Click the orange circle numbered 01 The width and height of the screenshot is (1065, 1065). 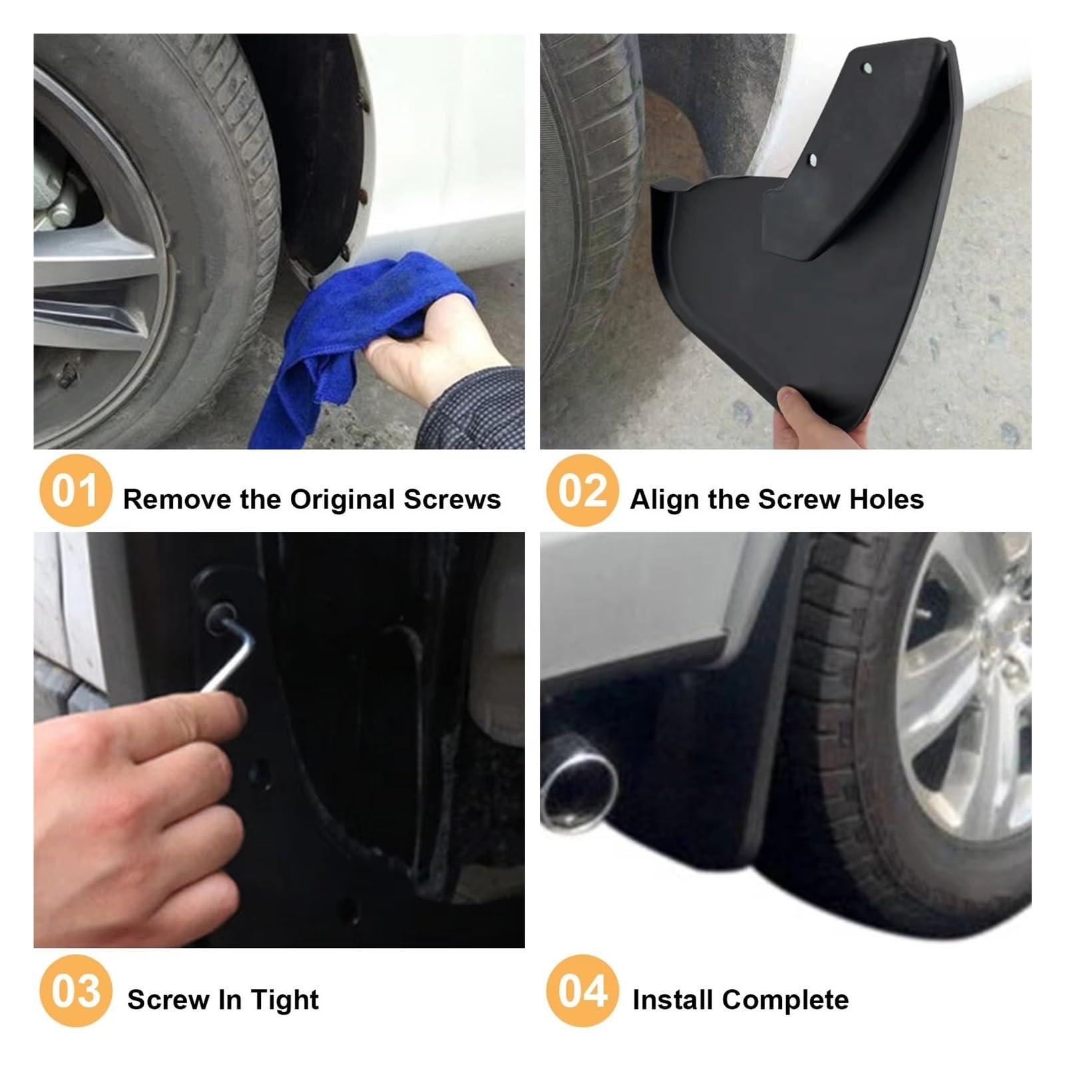click(x=75, y=491)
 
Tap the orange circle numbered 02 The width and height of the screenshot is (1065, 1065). click(x=582, y=491)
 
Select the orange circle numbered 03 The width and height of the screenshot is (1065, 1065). click(x=75, y=990)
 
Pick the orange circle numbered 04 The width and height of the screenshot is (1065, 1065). click(x=582, y=990)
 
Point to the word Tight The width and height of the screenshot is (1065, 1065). click(x=285, y=1000)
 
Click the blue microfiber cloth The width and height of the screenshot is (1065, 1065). click(x=353, y=313)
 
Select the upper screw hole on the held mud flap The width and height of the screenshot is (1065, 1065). click(x=867, y=68)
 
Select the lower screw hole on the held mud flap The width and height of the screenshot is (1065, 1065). click(x=812, y=158)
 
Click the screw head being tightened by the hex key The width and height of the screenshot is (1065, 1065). click(x=220, y=616)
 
